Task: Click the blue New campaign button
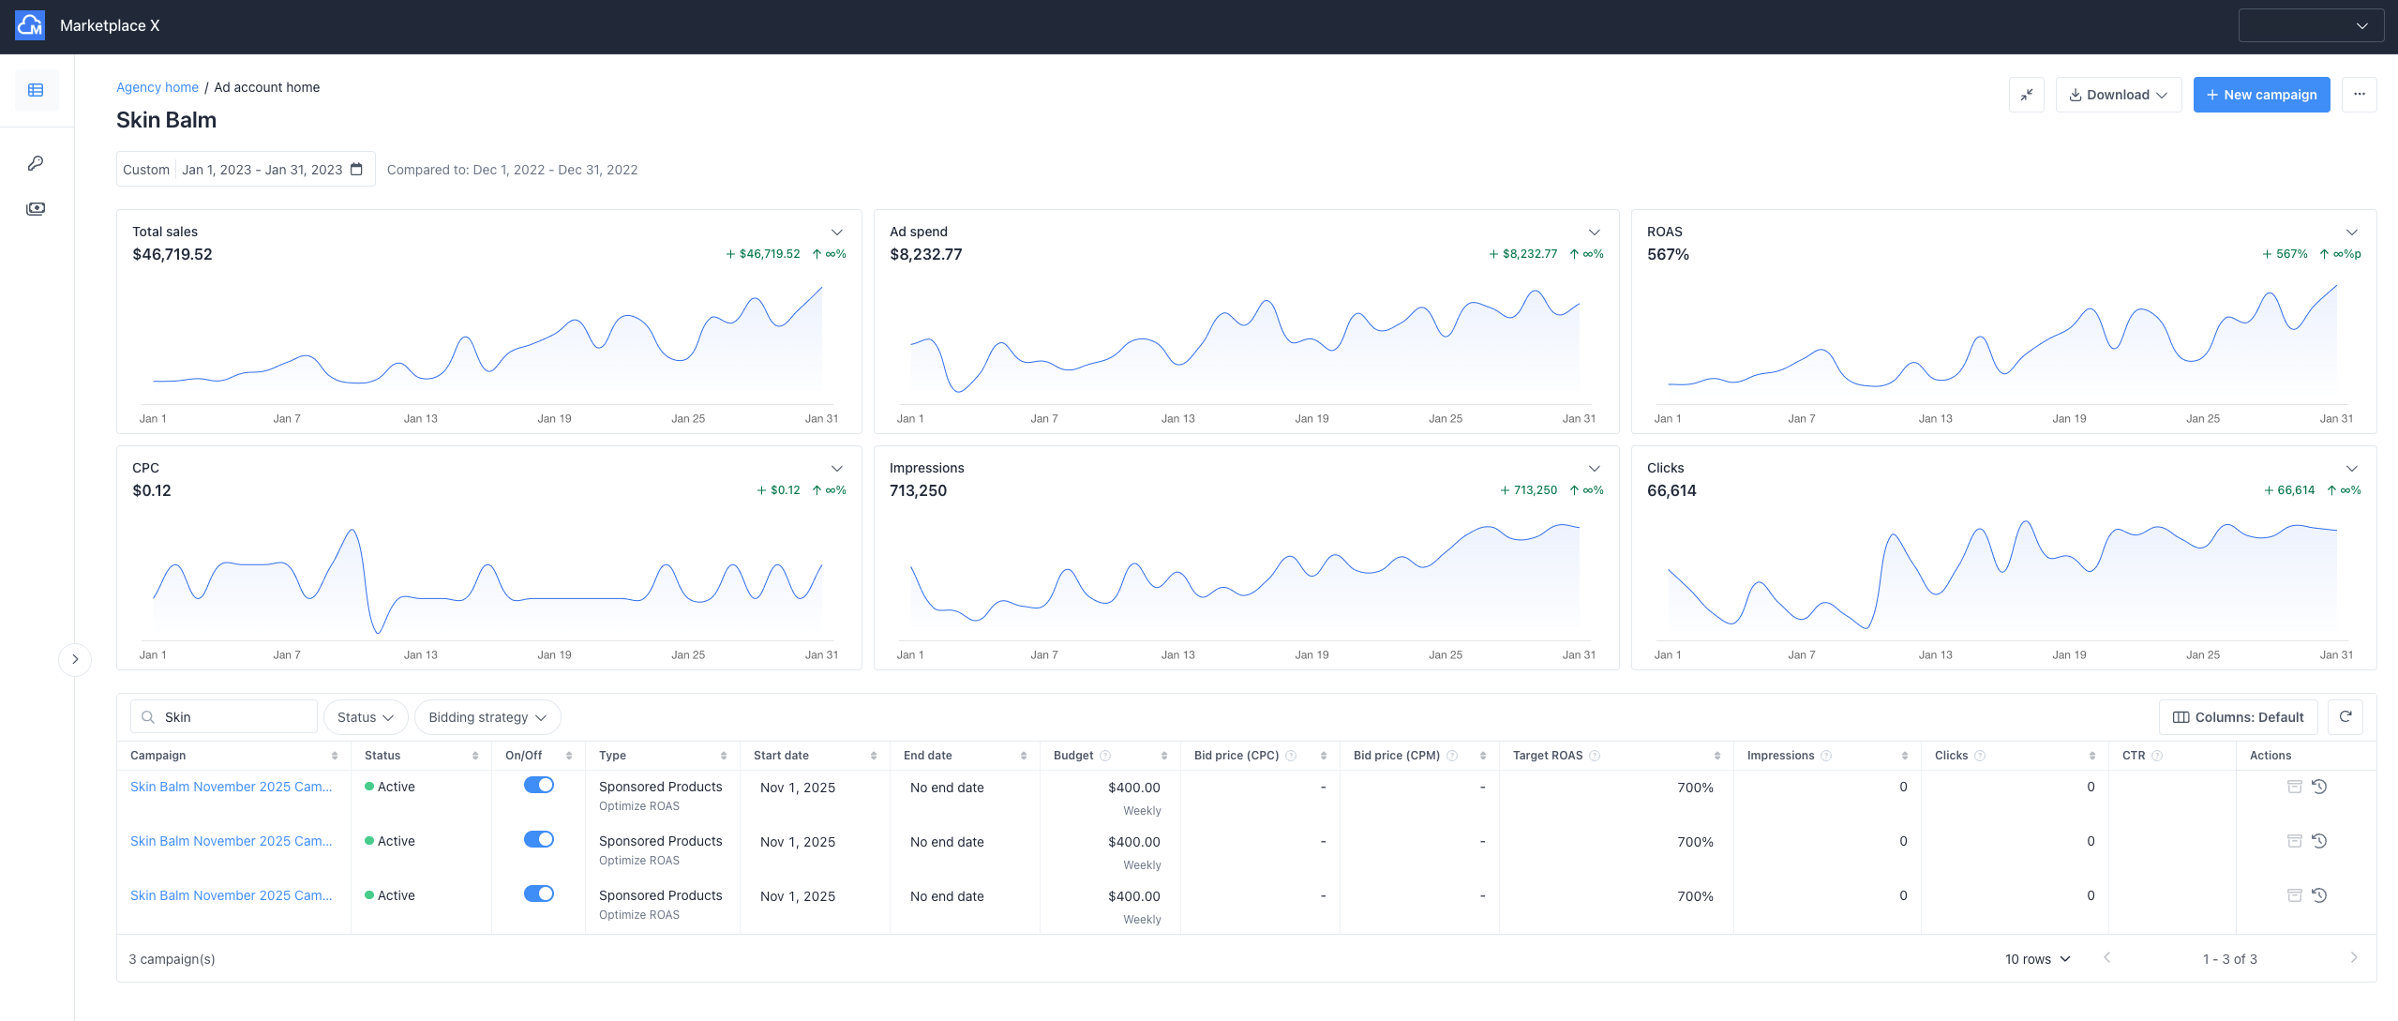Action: click(2260, 95)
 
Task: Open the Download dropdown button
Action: click(2117, 95)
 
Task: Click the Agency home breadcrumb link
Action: click(157, 87)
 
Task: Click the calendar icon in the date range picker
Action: click(356, 170)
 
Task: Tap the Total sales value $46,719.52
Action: click(172, 254)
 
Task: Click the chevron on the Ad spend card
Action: click(1594, 232)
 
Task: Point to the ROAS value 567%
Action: click(1668, 254)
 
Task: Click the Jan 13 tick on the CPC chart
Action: click(420, 654)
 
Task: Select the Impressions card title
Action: click(926, 468)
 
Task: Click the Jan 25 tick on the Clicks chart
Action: click(2202, 654)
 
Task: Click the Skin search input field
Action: click(234, 717)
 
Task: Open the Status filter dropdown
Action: click(365, 717)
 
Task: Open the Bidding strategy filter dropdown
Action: click(487, 717)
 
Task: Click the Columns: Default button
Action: click(2237, 717)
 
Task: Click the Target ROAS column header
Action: click(1547, 756)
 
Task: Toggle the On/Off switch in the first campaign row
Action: click(538, 786)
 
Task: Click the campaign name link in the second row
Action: click(231, 841)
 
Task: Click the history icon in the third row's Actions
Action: click(2319, 895)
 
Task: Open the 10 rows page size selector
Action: click(2036, 959)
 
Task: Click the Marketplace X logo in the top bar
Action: click(30, 25)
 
